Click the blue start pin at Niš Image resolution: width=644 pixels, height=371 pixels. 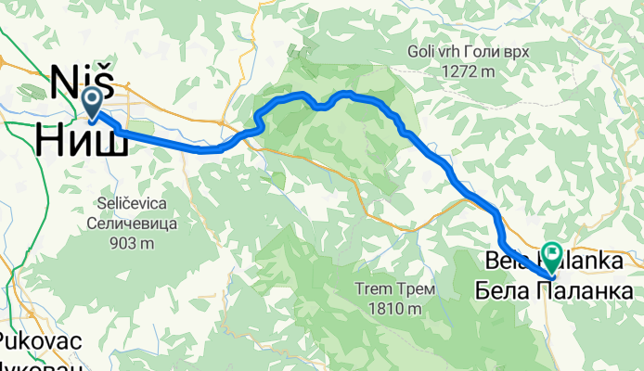pyautogui.click(x=93, y=101)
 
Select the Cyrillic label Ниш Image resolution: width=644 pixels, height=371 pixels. pyautogui.click(x=82, y=140)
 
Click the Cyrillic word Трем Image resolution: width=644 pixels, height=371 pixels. pyautogui.click(x=416, y=289)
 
